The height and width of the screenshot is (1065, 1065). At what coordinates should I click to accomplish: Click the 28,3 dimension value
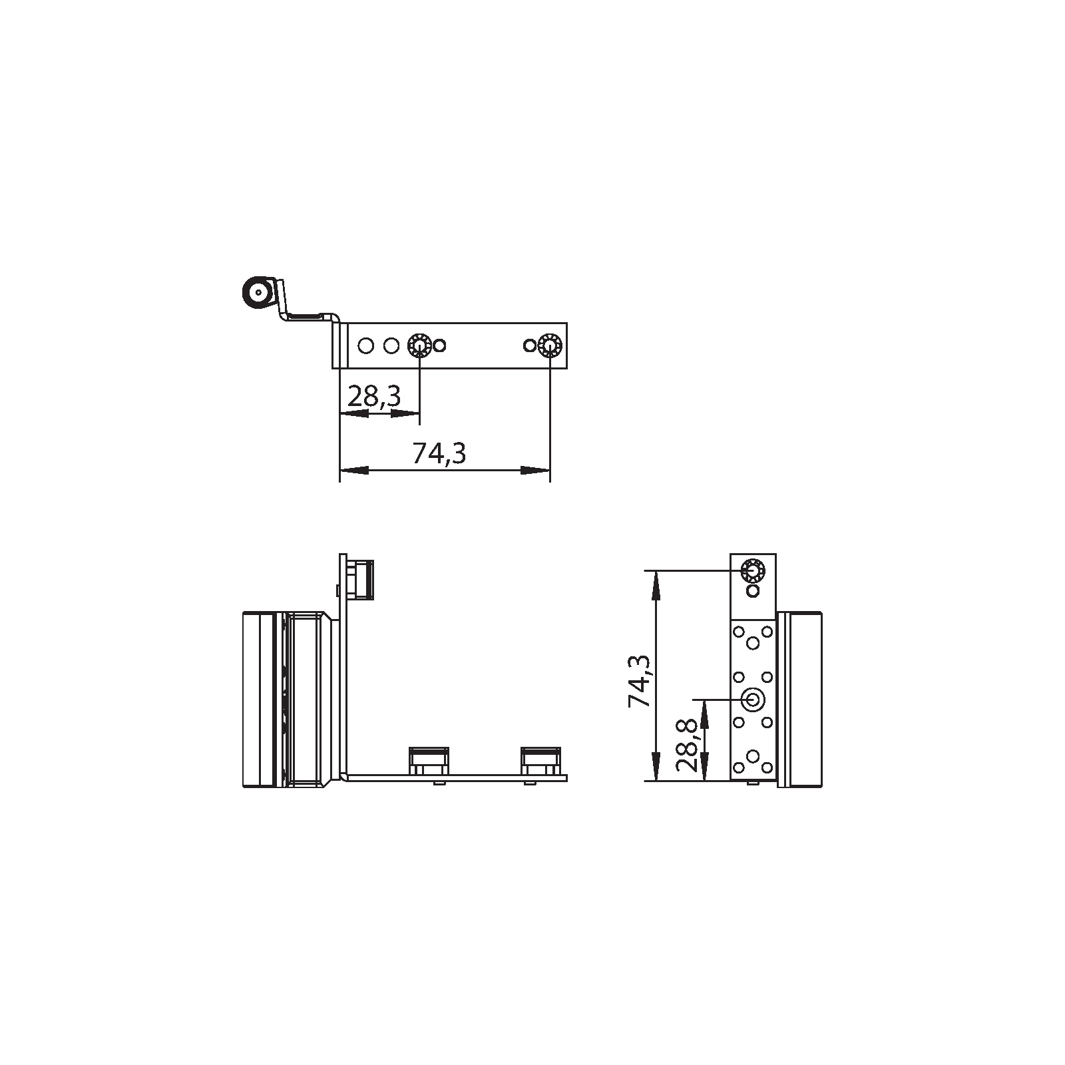tap(374, 397)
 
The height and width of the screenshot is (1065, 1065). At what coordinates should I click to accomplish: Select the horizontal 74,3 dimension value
tap(439, 453)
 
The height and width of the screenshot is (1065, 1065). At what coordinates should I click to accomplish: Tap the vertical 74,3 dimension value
tap(640, 680)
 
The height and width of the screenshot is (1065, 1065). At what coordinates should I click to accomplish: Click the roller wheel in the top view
tap(256, 291)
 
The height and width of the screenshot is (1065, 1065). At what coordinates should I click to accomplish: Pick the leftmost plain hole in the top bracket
tap(365, 345)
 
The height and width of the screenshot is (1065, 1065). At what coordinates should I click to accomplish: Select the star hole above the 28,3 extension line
tap(419, 345)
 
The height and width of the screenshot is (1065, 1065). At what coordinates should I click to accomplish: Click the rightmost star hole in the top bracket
tap(549, 345)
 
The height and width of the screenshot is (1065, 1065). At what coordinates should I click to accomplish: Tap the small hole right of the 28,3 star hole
tap(439, 345)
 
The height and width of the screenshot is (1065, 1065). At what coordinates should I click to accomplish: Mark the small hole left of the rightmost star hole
tap(529, 345)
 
